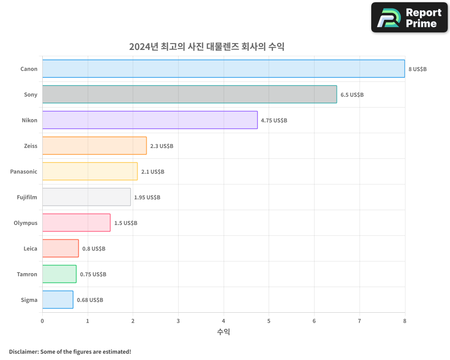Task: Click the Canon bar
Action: [x=224, y=69]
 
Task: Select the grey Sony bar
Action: [x=189, y=94]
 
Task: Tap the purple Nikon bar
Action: [x=150, y=120]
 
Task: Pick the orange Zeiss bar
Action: [x=94, y=146]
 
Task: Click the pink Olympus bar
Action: [x=76, y=223]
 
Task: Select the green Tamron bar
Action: [x=59, y=274]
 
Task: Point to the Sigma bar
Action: [x=58, y=300]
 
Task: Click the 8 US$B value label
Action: [x=417, y=69]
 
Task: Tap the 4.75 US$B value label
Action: [x=274, y=121]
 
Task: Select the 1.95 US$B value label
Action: [x=147, y=198]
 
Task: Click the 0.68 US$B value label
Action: [x=90, y=300]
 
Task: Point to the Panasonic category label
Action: [x=24, y=172]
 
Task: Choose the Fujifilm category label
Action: [x=27, y=198]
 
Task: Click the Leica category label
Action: [x=31, y=249]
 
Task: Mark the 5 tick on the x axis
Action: [x=269, y=321]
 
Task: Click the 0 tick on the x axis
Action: [x=42, y=321]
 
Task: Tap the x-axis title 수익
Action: [x=224, y=332]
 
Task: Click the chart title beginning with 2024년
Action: [x=207, y=47]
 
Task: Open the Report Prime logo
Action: [x=409, y=18]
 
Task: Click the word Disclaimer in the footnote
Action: [x=23, y=352]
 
